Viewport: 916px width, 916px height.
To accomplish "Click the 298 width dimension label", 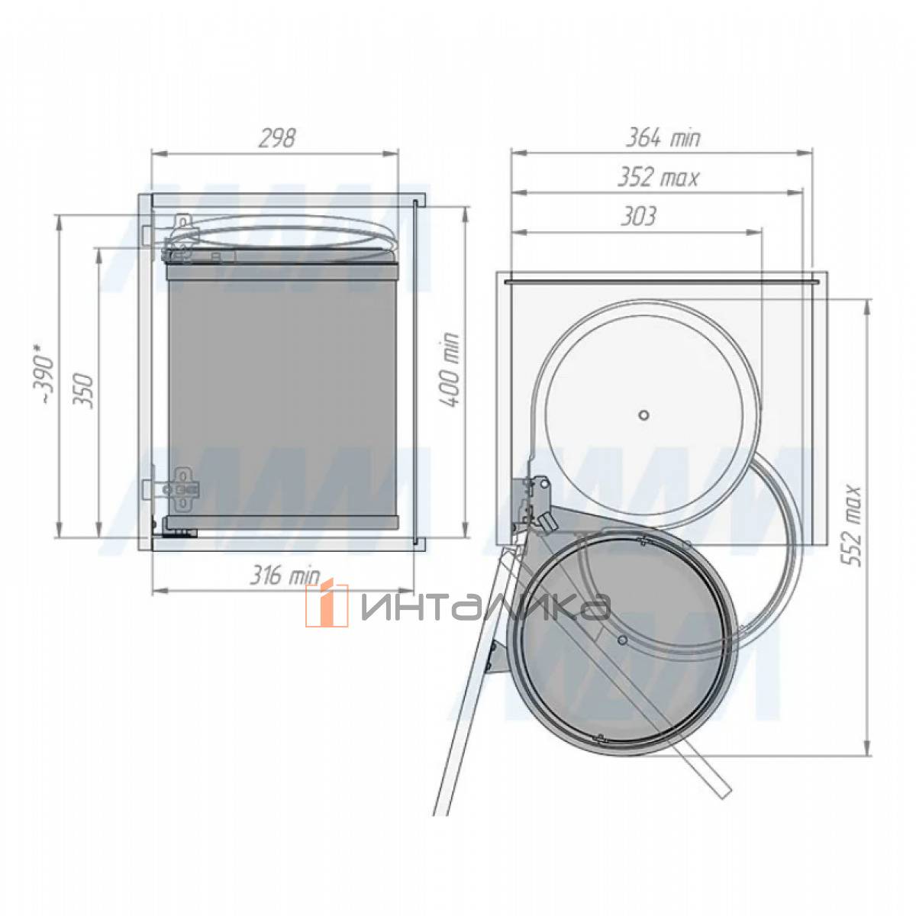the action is pos(277,138).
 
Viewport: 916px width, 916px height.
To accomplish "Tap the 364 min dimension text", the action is pos(662,138).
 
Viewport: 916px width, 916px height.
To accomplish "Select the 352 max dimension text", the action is pos(658,178).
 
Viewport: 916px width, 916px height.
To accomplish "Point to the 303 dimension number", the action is pos(638,216).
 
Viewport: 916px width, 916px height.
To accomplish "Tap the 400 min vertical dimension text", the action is pos(448,369).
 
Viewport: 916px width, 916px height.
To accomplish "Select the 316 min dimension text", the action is pos(285,576).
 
